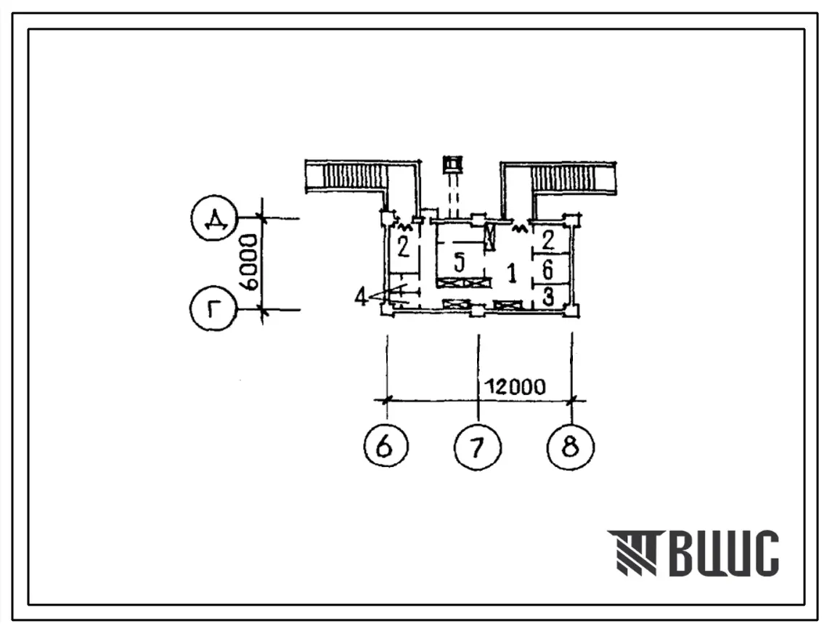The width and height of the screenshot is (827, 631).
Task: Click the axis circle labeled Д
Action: point(214,219)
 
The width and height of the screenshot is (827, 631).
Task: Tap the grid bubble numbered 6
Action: point(386,447)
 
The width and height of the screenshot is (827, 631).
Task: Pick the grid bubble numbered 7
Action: point(477,447)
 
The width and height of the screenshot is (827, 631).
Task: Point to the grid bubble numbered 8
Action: point(571,447)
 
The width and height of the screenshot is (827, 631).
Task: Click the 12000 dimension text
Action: point(516,387)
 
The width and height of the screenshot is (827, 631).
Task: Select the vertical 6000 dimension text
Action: point(248,263)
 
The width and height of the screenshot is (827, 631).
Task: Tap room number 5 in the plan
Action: point(460,261)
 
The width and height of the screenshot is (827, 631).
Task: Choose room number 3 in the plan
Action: point(548,297)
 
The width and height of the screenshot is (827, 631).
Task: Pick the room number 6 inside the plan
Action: point(547,269)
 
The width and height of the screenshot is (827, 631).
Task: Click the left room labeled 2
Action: point(403,246)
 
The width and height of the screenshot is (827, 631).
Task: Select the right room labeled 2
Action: point(548,240)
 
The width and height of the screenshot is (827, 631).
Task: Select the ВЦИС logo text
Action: point(724,553)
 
